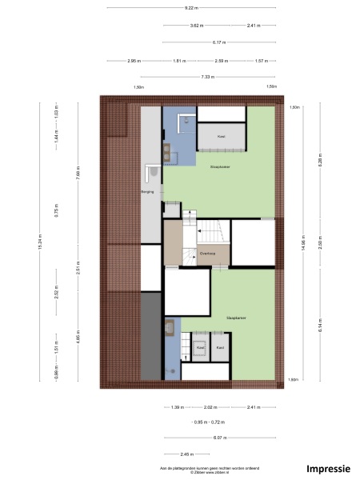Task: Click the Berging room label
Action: (147, 193)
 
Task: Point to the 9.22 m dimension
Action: (190, 8)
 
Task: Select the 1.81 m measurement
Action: (178, 61)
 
